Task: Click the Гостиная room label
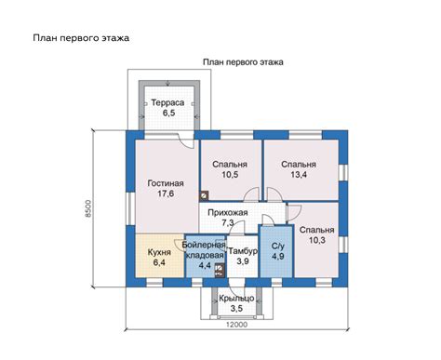click(x=166, y=183)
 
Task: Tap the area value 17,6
click(x=166, y=193)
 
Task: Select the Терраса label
click(x=167, y=102)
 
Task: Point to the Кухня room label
click(x=159, y=252)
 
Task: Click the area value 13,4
click(x=299, y=175)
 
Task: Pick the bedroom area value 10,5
click(x=230, y=175)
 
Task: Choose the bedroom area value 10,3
click(x=317, y=240)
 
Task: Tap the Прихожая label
click(x=228, y=213)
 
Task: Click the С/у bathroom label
click(x=278, y=247)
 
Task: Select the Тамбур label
click(x=243, y=251)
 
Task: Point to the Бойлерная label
click(x=204, y=245)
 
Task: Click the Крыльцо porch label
click(x=236, y=299)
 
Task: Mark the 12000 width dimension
click(x=236, y=325)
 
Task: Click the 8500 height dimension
click(x=88, y=208)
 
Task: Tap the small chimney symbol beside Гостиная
click(x=204, y=196)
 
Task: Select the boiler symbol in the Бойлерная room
click(x=220, y=270)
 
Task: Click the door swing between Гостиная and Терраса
click(x=185, y=141)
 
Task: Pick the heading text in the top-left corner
click(x=81, y=38)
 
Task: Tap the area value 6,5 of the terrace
click(x=169, y=113)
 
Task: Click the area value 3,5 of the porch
click(x=236, y=309)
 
